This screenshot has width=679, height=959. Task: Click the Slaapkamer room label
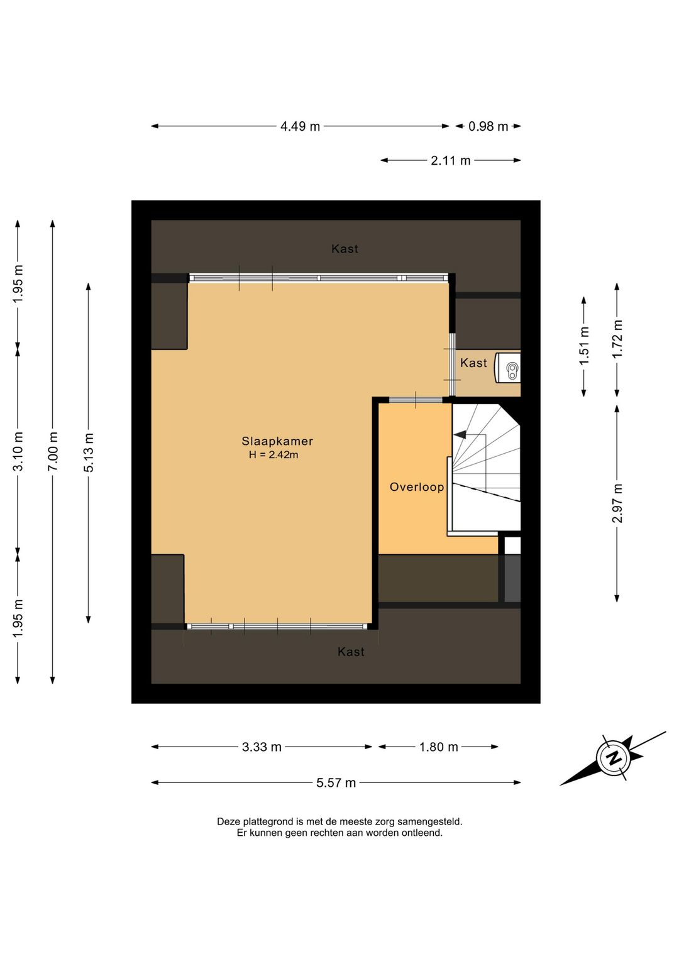click(277, 441)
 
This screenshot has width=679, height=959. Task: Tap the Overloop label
click(416, 487)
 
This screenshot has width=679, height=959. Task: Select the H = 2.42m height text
click(273, 454)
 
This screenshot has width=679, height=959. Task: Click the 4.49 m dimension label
click(300, 126)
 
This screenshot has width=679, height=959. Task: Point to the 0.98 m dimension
click(488, 126)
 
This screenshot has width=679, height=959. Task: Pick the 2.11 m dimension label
click(451, 160)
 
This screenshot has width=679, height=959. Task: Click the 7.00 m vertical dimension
click(52, 451)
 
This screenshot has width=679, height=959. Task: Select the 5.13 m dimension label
click(89, 452)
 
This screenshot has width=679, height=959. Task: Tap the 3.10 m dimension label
click(18, 451)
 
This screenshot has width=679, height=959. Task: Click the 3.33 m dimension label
click(262, 747)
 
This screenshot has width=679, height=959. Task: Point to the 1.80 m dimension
click(438, 747)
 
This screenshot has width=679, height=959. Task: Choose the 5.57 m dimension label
click(336, 783)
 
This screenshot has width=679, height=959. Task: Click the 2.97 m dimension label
click(617, 503)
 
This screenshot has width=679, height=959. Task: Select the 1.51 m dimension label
click(584, 346)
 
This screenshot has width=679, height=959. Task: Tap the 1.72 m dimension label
click(617, 339)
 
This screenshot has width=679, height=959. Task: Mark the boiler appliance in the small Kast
click(508, 368)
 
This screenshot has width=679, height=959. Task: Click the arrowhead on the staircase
click(460, 435)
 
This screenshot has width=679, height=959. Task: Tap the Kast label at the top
click(345, 249)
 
